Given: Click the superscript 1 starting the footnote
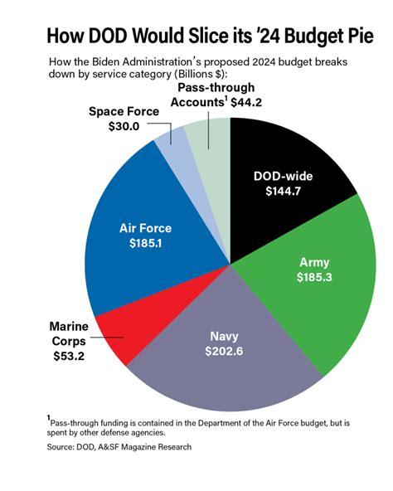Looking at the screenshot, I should click(49, 417).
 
